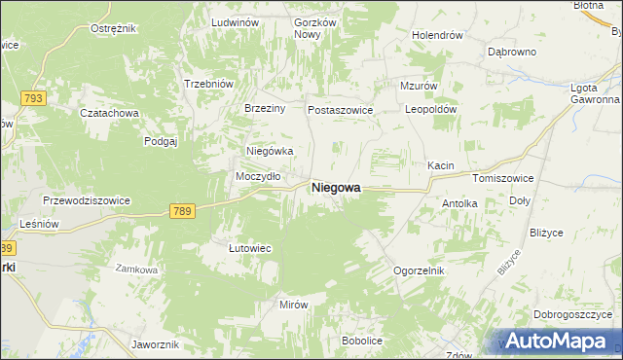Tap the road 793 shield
coord(34,99)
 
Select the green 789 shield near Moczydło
coord(182,211)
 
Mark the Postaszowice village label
coord(341,110)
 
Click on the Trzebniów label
coord(208,84)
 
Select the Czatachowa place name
coord(110,113)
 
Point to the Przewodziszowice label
coord(87,199)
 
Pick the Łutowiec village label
coord(249,248)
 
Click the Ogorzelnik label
coord(419,270)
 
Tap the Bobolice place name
coord(361,341)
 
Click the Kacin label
coord(441,165)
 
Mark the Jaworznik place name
coord(155,344)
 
